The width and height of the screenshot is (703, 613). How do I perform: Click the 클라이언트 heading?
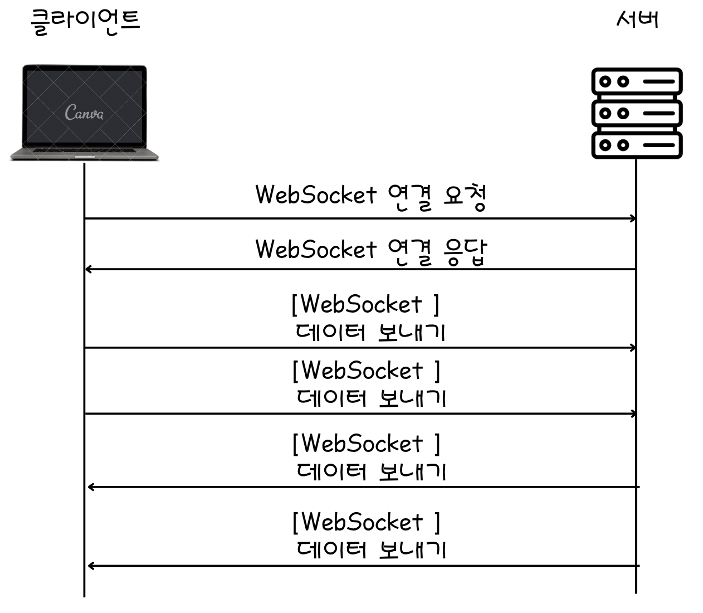pyautogui.click(x=85, y=21)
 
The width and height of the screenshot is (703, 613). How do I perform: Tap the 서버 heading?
pyautogui.click(x=637, y=20)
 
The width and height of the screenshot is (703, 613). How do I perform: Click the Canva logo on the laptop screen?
pyautogui.click(x=84, y=113)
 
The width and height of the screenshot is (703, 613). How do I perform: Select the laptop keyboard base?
pyautogui.click(x=84, y=154)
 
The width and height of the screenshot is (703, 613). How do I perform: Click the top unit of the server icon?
pyautogui.click(x=637, y=82)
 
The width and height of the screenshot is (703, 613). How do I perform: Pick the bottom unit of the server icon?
pyautogui.click(x=637, y=145)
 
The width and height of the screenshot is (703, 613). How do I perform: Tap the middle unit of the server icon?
pyautogui.click(x=637, y=113)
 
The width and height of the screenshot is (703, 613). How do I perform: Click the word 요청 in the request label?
pyautogui.click(x=466, y=197)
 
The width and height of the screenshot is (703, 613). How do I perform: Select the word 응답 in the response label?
pyautogui.click(x=466, y=251)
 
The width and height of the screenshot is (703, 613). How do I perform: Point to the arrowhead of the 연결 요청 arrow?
pyautogui.click(x=633, y=218)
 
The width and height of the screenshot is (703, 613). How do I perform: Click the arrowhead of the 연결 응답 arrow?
pyautogui.click(x=88, y=270)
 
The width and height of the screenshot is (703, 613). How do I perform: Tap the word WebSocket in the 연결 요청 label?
pyautogui.click(x=316, y=195)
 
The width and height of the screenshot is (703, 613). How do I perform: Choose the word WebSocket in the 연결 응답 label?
pyautogui.click(x=316, y=249)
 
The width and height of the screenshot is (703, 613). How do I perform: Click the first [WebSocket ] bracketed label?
pyautogui.click(x=365, y=304)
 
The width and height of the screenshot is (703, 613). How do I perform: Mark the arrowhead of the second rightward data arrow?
pyautogui.click(x=633, y=413)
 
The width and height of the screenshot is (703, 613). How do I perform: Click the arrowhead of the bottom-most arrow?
pyautogui.click(x=91, y=566)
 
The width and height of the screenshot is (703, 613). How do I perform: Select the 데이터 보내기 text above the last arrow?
pyautogui.click(x=371, y=549)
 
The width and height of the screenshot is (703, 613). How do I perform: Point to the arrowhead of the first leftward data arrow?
pyautogui.click(x=91, y=487)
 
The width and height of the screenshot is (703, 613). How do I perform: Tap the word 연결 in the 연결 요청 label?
pyautogui.click(x=409, y=197)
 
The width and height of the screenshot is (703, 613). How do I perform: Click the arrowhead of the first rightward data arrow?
pyautogui.click(x=633, y=348)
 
